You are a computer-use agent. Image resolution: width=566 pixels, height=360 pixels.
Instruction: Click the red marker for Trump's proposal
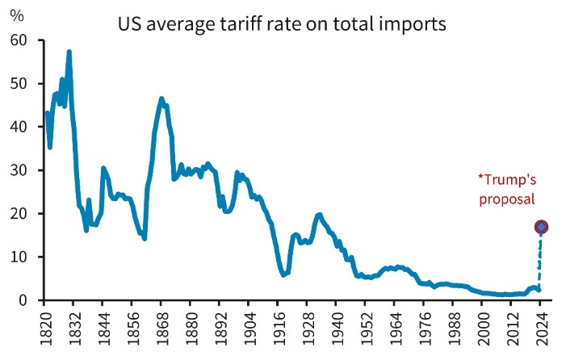point(541,228)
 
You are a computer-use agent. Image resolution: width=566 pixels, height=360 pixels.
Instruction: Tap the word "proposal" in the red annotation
point(507,198)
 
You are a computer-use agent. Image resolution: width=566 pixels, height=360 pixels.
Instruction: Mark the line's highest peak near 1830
point(69,52)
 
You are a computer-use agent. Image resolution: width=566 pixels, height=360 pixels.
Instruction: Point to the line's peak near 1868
point(161,99)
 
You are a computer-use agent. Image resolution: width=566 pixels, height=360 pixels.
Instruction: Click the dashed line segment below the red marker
point(540,262)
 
